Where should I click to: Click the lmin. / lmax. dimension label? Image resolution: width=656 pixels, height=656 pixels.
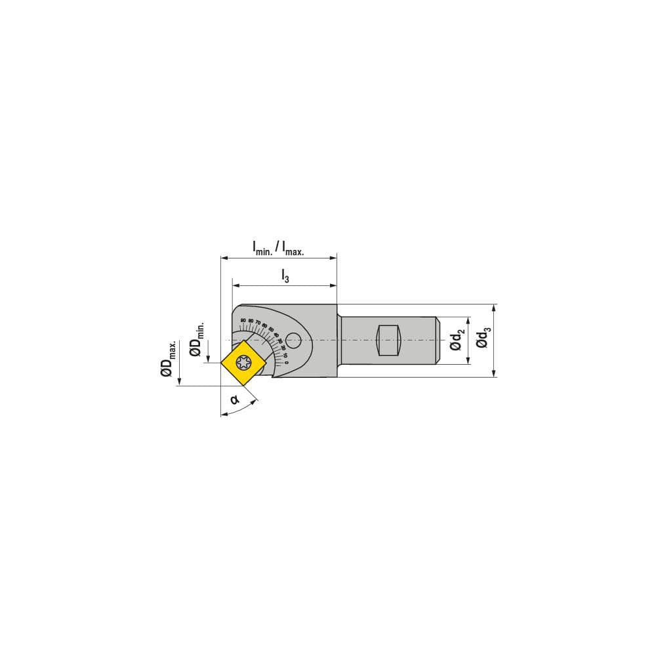[x=278, y=248]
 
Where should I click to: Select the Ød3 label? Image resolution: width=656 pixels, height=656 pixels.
[x=483, y=340]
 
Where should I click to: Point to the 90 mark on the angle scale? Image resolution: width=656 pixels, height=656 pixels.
[x=243, y=320]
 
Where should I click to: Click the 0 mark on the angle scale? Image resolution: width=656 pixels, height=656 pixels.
[x=287, y=362]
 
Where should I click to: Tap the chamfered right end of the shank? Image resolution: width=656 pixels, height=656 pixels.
[x=437, y=340]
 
